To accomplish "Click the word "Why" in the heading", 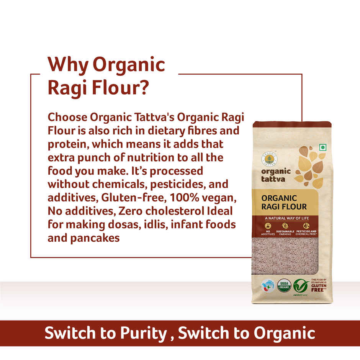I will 67,65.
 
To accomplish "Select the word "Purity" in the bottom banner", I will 143,333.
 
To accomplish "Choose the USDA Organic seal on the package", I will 284,285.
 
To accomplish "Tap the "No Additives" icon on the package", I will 267,228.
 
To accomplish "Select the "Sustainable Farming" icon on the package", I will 285,228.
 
